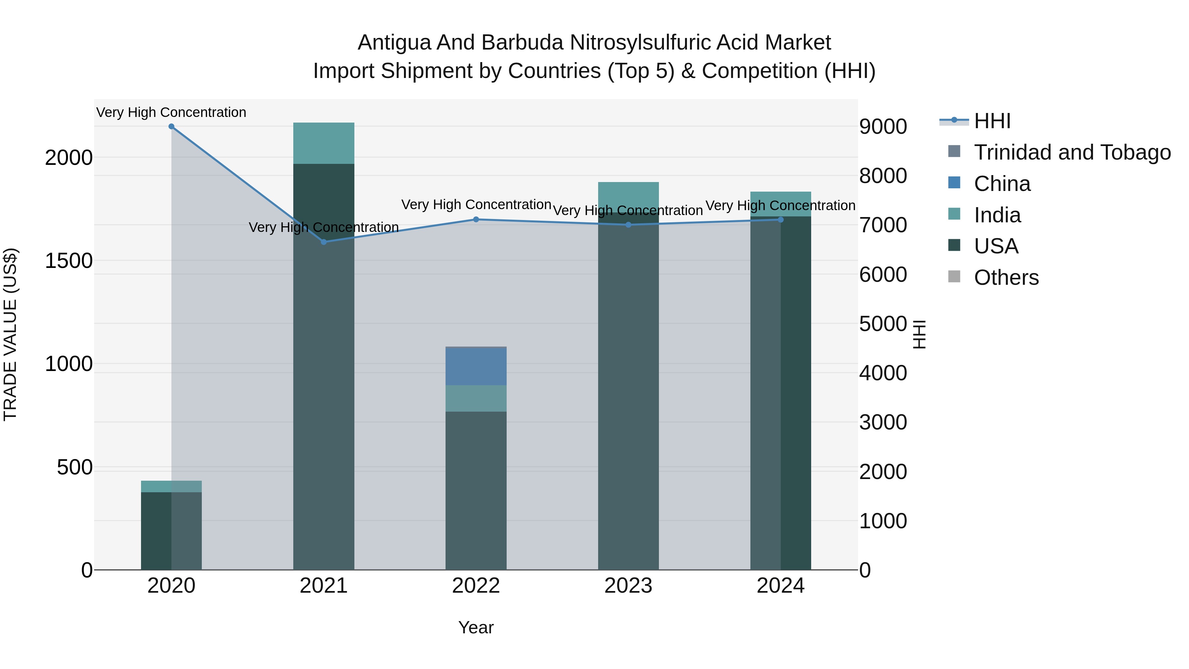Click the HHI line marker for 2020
(171, 127)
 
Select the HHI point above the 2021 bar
(324, 242)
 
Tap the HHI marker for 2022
(476, 219)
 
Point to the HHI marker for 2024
(780, 220)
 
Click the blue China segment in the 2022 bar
(476, 366)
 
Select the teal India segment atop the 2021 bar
(324, 143)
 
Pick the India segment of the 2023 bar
(628, 197)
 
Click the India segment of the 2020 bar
(171, 486)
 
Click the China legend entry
(1002, 184)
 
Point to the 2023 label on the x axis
(628, 586)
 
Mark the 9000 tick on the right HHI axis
(883, 127)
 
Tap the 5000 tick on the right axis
(883, 324)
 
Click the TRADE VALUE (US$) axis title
(10, 334)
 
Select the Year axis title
(476, 627)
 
